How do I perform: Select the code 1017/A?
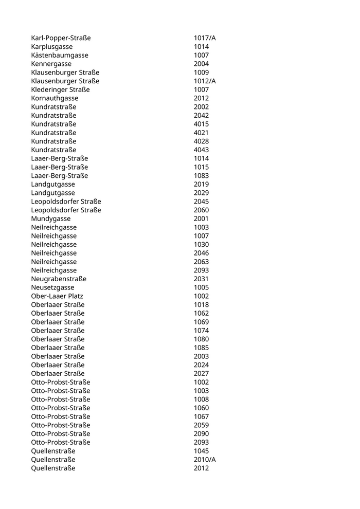tap(205, 38)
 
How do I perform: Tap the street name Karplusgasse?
tap(51, 47)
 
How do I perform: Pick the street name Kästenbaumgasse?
tap(60, 55)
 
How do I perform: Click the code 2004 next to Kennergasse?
tap(201, 64)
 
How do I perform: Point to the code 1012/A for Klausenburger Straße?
tap(205, 81)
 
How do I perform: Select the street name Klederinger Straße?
tap(60, 89)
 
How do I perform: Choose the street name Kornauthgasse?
tap(55, 98)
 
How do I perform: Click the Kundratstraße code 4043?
tap(201, 150)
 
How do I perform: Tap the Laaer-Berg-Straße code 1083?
tap(201, 175)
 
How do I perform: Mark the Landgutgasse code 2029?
tap(201, 193)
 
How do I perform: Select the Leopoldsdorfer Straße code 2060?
tap(201, 210)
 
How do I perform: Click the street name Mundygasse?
tap(50, 219)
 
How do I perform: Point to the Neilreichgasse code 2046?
tap(201, 253)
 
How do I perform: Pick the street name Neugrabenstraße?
tap(59, 279)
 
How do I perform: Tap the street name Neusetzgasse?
tap(52, 287)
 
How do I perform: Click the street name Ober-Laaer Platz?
tap(57, 296)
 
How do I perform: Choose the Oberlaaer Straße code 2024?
tap(201, 365)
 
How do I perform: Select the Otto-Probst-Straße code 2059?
tap(201, 425)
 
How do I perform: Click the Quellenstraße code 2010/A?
tap(205, 459)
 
